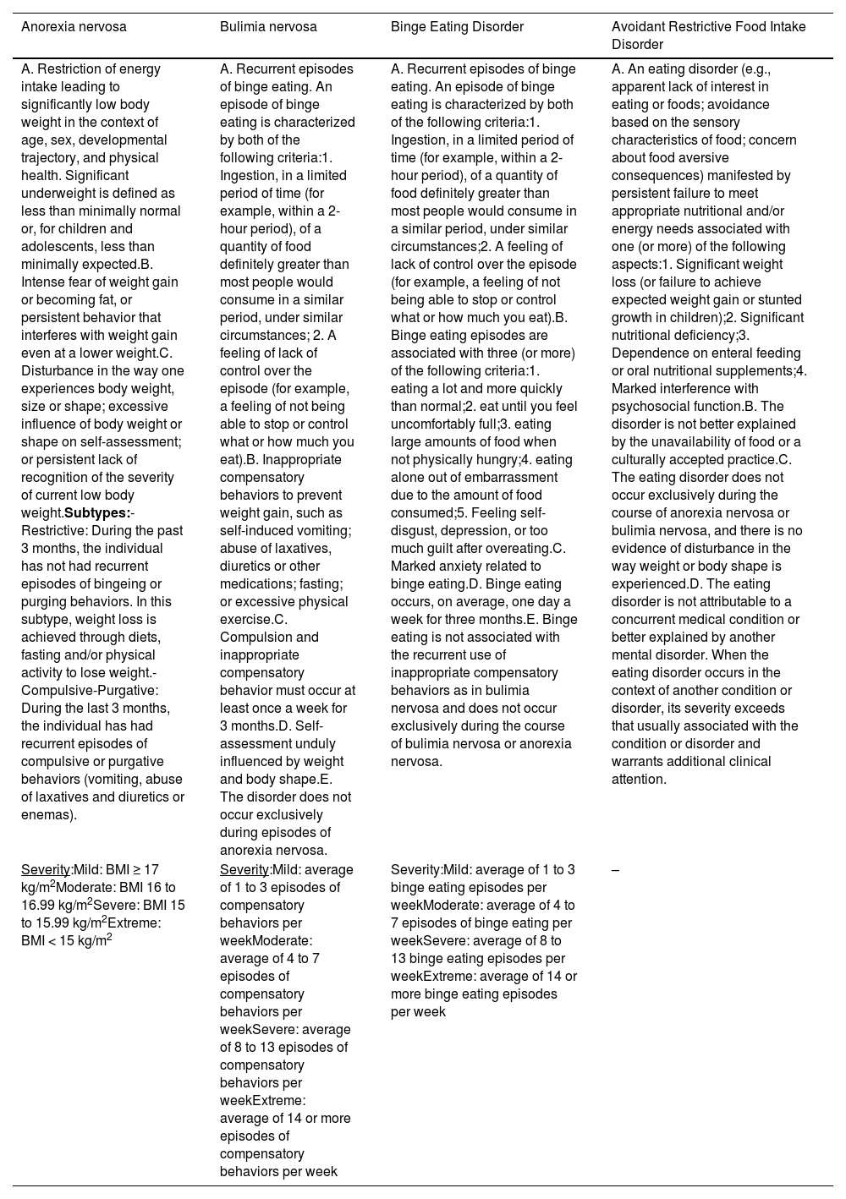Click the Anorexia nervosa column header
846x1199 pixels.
[74, 27]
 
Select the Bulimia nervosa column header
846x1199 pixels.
[268, 27]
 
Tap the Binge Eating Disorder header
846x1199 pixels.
[457, 27]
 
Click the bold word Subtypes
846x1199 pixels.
[97, 513]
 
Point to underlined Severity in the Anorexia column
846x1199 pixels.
[46, 869]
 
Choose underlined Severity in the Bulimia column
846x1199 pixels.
[244, 869]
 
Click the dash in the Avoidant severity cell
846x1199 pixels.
[615, 869]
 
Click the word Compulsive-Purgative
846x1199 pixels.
[90, 690]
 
